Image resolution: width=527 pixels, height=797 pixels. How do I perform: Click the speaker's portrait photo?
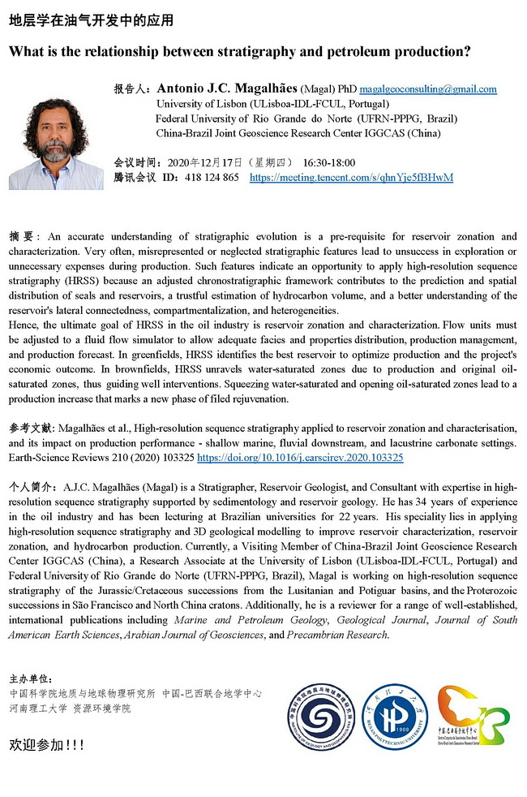coord(56,144)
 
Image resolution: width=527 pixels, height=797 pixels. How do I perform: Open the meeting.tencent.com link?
coord(351,177)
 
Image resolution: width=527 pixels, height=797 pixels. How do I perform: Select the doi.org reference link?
coord(300,458)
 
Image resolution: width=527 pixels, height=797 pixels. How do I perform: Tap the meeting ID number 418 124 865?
coord(212,177)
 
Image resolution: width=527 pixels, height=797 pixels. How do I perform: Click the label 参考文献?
coord(31,428)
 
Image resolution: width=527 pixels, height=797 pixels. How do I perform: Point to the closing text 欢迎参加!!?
coord(46,744)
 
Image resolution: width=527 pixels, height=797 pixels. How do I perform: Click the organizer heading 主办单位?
coord(31,679)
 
